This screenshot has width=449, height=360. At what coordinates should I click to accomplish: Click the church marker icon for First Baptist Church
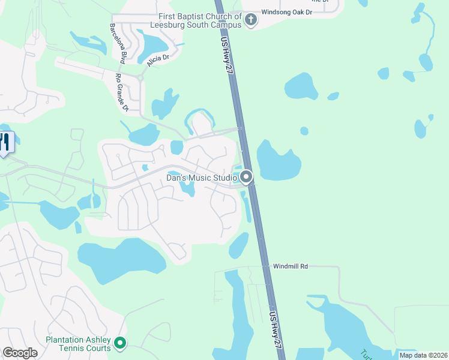click(x=252, y=21)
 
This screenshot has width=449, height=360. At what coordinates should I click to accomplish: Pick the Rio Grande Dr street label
click(x=122, y=92)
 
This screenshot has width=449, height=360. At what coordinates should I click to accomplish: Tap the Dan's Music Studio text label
click(x=200, y=178)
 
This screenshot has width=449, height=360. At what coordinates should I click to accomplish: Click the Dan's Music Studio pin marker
click(x=246, y=177)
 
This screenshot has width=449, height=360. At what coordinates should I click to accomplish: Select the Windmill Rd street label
click(x=291, y=265)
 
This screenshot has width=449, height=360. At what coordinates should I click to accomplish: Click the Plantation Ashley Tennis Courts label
click(x=79, y=344)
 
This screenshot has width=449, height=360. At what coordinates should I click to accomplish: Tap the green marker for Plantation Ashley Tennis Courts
click(x=120, y=343)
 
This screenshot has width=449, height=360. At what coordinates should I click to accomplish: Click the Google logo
click(x=20, y=353)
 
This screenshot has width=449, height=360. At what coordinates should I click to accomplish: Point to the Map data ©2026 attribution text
click(x=423, y=355)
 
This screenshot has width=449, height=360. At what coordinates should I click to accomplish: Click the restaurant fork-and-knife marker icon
click(x=5, y=142)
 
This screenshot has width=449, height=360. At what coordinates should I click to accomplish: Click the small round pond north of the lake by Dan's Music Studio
click(x=304, y=131)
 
